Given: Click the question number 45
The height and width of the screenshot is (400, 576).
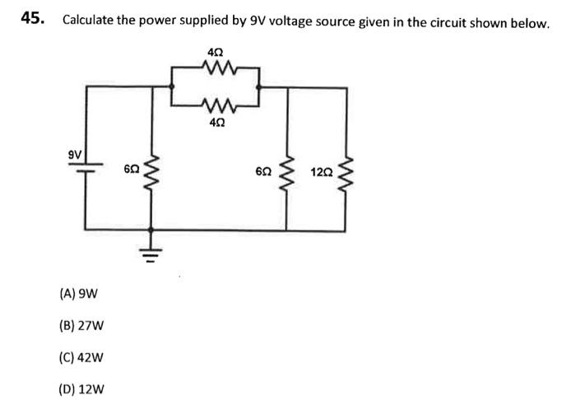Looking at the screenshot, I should coord(33,20).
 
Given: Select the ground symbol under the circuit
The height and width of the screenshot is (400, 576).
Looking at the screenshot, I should coord(151,246).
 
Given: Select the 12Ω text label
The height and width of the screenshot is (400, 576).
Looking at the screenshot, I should coord(322,173).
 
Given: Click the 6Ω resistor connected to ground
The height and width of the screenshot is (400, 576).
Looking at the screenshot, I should coord(151,174).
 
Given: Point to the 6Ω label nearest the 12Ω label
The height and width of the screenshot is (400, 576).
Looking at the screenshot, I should coord(263,173).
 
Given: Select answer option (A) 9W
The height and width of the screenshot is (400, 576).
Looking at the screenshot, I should coord(80,293).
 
